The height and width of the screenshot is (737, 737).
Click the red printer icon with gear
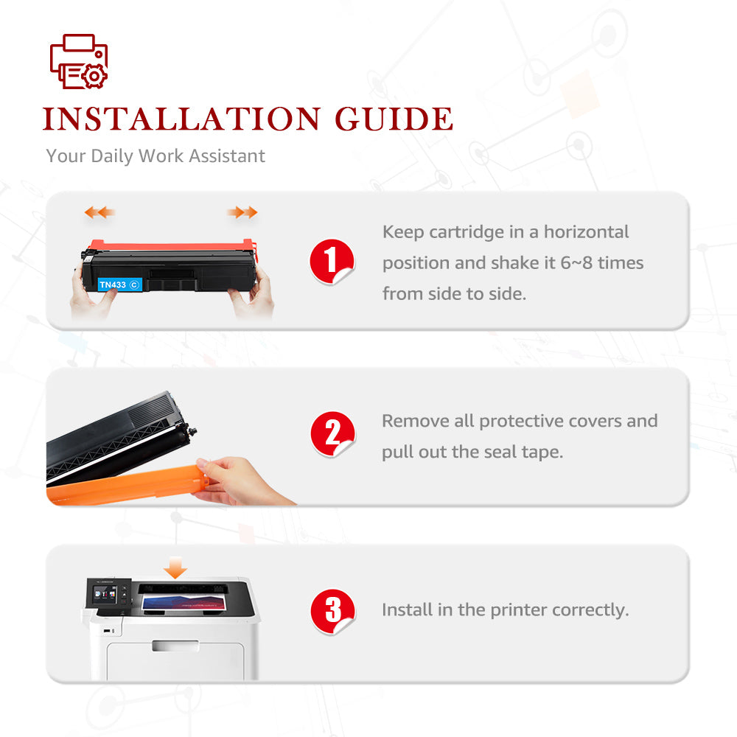pos(79,61)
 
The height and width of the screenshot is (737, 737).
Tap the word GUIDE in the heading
pos(394,119)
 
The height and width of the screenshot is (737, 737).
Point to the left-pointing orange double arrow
pos(99,212)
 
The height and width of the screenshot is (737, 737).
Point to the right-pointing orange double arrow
pos(242,212)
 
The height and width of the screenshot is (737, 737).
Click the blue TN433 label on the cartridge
pos(119,284)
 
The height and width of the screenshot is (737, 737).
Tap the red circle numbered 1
pos(332,262)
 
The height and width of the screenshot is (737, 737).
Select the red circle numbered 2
pos(332,434)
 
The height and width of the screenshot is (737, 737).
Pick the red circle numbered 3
pos(332,612)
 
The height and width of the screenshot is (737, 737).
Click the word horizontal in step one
pos(586,232)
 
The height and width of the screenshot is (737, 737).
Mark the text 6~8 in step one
pos(577,263)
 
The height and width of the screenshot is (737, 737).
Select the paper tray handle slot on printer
pos(175,646)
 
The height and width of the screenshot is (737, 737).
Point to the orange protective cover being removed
pos(128,485)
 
